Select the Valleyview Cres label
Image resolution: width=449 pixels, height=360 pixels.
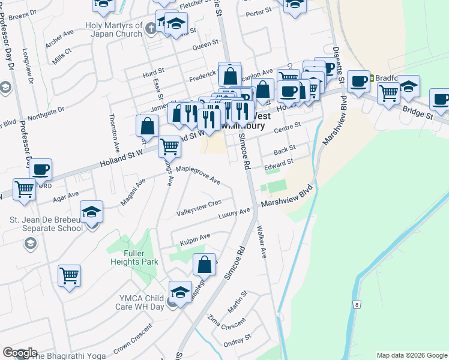pos(199,209)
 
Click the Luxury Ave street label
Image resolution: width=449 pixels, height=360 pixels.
pos(234,214)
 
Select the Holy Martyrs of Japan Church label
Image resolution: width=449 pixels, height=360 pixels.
pos(114,29)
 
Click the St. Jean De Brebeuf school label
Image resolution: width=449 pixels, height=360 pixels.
pos(46,224)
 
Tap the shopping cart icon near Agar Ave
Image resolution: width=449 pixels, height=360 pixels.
pos(24,189)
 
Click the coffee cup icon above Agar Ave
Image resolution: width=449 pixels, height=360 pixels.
pos(41,170)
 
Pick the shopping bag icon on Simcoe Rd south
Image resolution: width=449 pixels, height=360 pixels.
pos(204,265)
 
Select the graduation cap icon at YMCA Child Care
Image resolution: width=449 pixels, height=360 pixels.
pos(180,292)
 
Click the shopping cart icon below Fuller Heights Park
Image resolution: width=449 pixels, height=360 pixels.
pos(70,276)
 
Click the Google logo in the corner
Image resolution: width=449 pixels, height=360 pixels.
pos(19,353)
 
